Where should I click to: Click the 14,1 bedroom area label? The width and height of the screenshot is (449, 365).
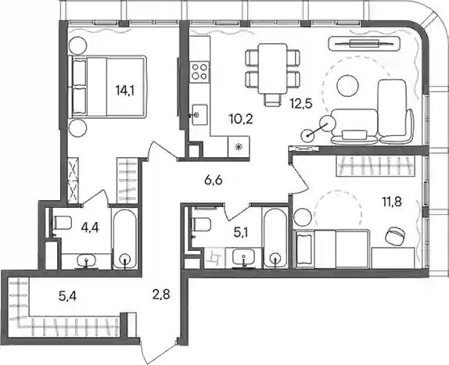tap(125, 91)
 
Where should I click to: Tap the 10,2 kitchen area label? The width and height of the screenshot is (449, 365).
tap(241, 118)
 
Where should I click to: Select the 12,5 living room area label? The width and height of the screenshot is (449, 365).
tap(300, 103)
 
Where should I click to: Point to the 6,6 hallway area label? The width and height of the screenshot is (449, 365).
tap(214, 181)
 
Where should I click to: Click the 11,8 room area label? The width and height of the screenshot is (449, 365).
tap(391, 202)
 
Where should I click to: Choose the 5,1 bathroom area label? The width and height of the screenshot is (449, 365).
tap(241, 233)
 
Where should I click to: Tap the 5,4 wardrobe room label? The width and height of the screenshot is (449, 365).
tap(67, 296)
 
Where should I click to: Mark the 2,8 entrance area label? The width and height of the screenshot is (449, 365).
tap(161, 294)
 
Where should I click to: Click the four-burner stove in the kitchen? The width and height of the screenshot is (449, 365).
tap(199, 71)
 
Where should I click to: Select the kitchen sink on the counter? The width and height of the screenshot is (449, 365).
tap(199, 115)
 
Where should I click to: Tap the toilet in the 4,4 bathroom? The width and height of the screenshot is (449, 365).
tap(62, 223)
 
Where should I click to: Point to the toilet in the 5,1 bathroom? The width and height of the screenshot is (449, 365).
tap(202, 224)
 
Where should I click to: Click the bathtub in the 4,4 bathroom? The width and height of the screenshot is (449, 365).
tap(125, 238)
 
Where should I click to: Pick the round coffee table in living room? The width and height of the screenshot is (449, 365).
tap(347, 86)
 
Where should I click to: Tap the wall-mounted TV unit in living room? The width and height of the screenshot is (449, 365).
tap(365, 44)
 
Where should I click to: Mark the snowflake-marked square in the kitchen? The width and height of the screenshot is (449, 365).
tap(239, 147)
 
